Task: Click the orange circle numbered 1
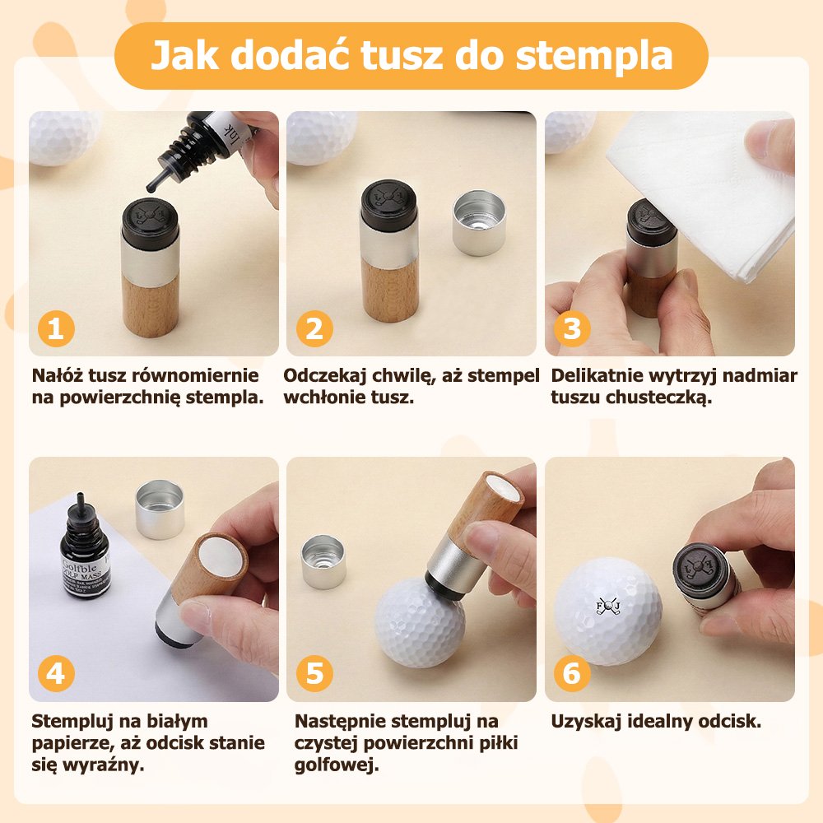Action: tap(56, 329)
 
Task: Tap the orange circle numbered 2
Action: tap(314, 329)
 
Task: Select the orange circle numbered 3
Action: tap(572, 329)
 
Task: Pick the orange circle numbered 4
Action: tap(56, 673)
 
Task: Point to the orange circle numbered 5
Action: tap(314, 673)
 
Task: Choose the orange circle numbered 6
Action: tap(572, 673)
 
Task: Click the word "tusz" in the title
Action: tap(402, 56)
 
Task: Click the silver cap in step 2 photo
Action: tap(479, 222)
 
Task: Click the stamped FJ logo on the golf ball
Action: tap(608, 607)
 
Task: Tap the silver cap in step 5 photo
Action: tap(323, 561)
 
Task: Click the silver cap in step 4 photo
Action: tap(160, 509)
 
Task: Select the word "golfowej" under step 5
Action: tap(337, 765)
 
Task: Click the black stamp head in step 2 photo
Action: tap(389, 205)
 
